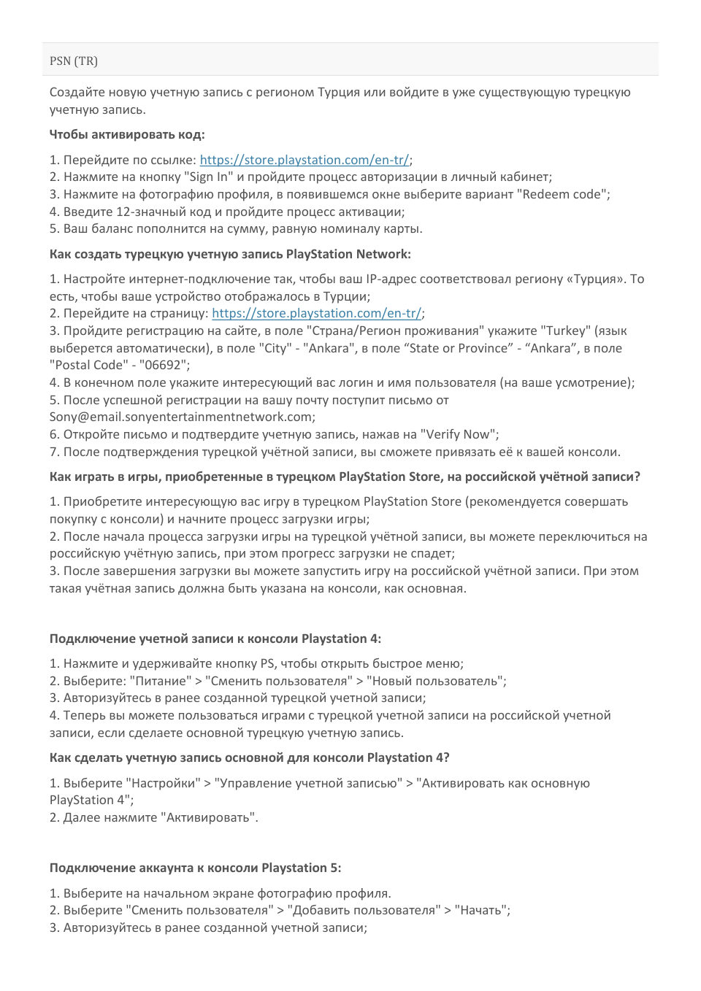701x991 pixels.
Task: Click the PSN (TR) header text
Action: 73,61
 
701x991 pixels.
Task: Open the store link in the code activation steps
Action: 304,160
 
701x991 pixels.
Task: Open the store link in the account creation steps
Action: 316,313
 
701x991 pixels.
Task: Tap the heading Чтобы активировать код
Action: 127,134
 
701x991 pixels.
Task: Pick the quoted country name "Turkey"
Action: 564,331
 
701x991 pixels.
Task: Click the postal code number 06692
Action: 165,365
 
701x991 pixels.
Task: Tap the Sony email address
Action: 181,417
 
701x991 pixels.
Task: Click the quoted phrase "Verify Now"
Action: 459,434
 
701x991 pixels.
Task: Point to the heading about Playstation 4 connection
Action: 215,639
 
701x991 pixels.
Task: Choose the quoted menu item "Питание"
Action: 160,681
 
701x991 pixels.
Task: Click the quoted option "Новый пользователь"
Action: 435,681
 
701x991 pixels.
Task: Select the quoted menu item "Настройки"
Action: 164,783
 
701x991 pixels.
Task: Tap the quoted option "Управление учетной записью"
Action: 307,783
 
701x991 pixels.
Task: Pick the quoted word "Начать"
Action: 480,910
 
